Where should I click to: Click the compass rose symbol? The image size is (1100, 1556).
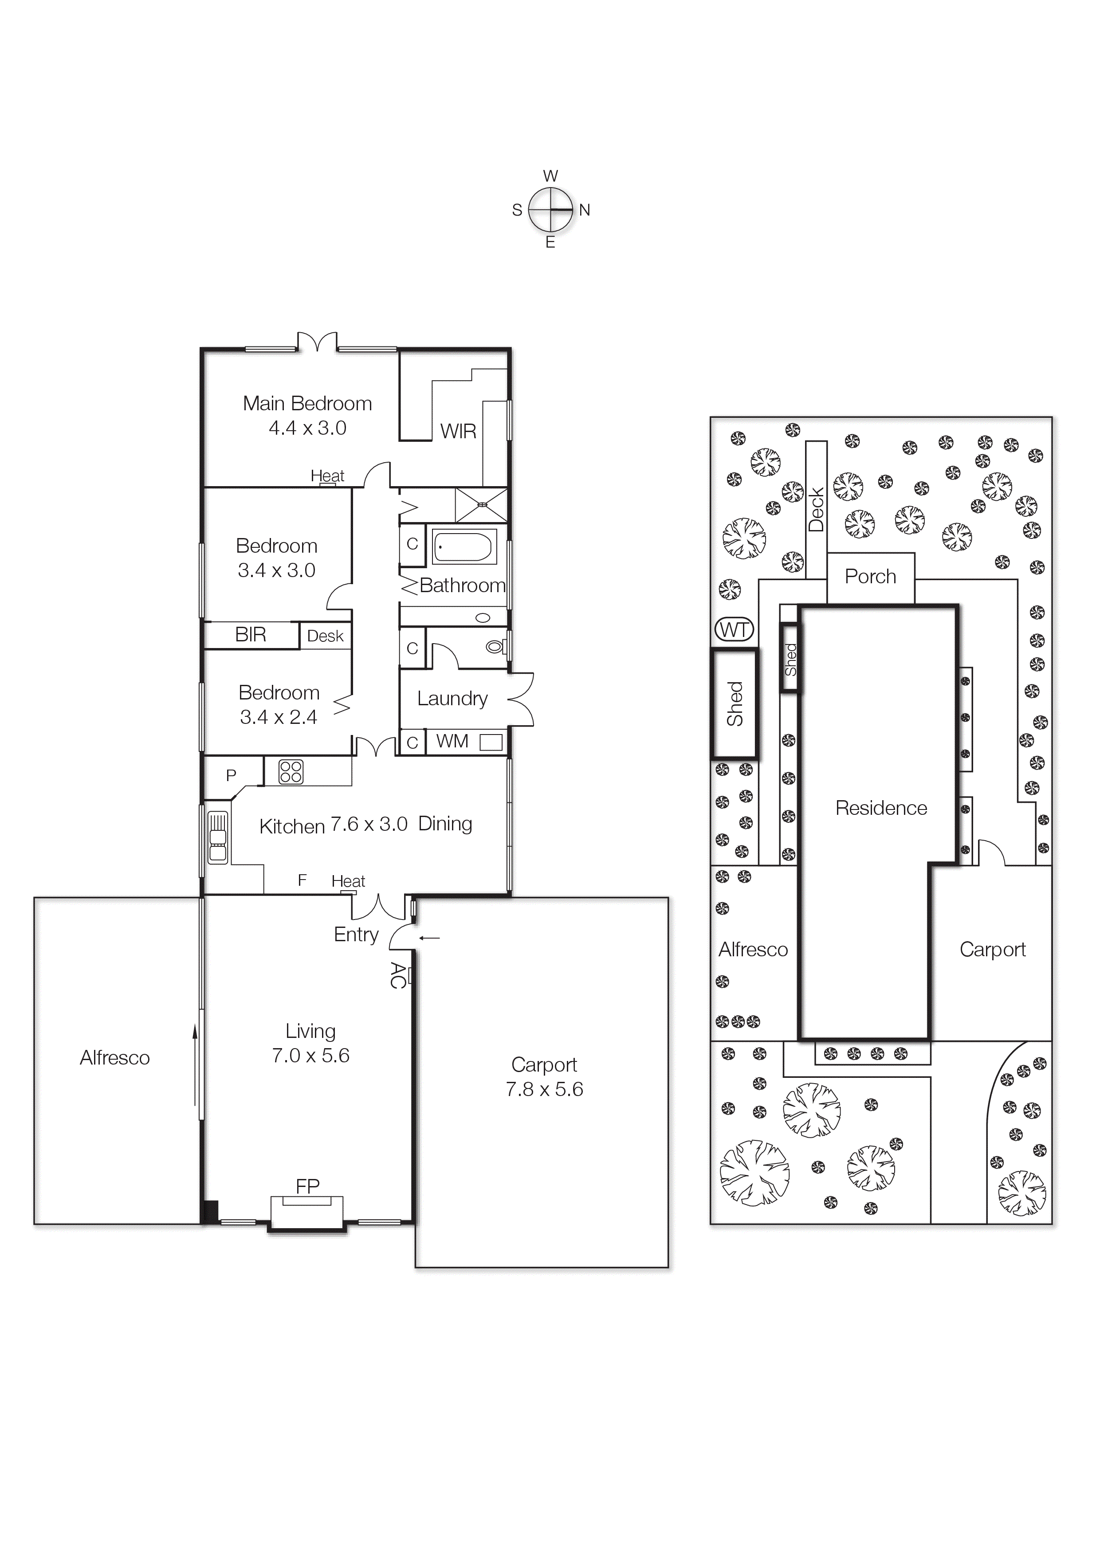pos(550,210)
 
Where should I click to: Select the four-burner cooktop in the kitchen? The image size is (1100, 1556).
pos(291,772)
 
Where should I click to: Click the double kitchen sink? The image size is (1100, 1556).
pos(217,837)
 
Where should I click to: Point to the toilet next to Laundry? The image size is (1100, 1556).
pos(495,647)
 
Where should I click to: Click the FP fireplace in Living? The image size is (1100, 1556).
pos(307,1212)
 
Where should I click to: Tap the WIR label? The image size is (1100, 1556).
pos(458,431)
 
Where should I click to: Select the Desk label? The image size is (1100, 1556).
pos(325,636)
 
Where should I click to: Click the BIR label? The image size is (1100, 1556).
pos(250,634)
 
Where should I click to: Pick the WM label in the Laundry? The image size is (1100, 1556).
pos(452,741)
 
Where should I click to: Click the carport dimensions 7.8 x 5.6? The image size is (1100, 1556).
pos(544,1089)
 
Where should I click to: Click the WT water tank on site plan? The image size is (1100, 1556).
pos(734,630)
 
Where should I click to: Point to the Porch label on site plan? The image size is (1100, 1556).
pos(870,577)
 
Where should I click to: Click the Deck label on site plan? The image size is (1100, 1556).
pos(816,510)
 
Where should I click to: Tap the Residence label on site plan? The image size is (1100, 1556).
pos(880,808)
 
